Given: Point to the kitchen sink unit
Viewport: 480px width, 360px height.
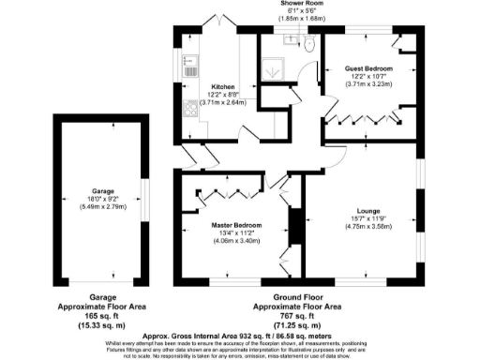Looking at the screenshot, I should pos(187,66).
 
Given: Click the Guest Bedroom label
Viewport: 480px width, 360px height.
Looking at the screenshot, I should pos(367,70).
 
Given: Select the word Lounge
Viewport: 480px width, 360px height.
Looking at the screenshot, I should pos(367,211).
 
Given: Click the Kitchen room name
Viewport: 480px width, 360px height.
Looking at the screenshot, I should pos(222,86).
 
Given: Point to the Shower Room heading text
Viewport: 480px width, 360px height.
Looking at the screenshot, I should pos(302,4).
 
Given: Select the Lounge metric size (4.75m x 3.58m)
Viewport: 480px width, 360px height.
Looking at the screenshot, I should pos(367,227).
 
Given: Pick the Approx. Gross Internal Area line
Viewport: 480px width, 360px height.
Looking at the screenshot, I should pos(240,335).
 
